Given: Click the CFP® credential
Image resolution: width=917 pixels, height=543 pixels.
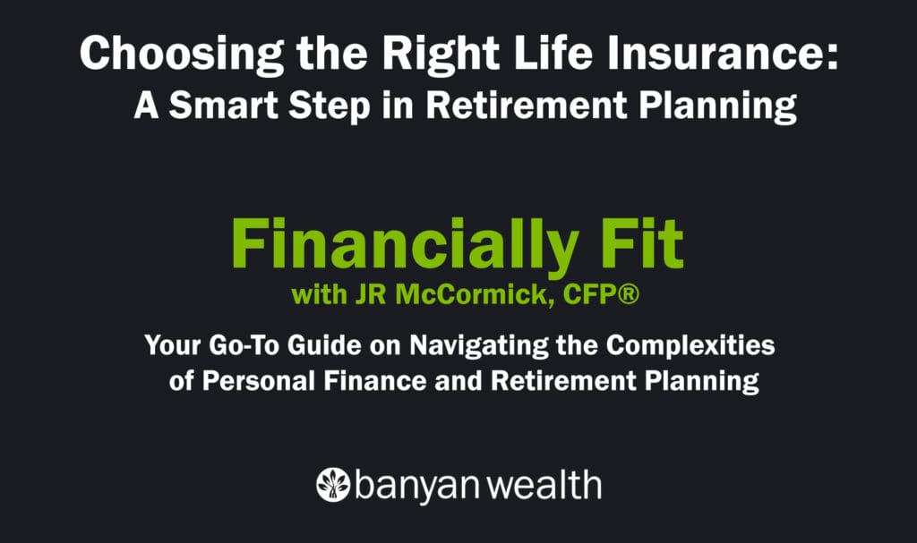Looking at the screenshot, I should point(587,295).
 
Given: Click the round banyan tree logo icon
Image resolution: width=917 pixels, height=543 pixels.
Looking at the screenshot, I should point(333,485).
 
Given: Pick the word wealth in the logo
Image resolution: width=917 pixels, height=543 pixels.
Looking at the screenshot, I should point(547,486).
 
